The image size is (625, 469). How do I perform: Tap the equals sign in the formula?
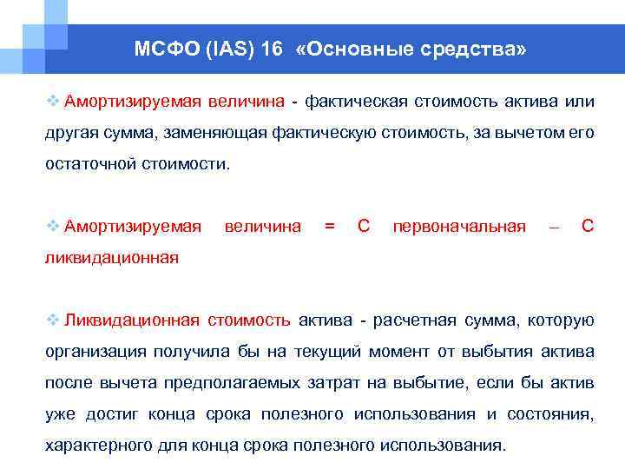point(329,227)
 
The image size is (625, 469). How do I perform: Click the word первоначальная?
point(459,227)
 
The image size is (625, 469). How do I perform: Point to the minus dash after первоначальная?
point(554,227)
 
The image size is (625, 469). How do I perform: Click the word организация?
point(95,352)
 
